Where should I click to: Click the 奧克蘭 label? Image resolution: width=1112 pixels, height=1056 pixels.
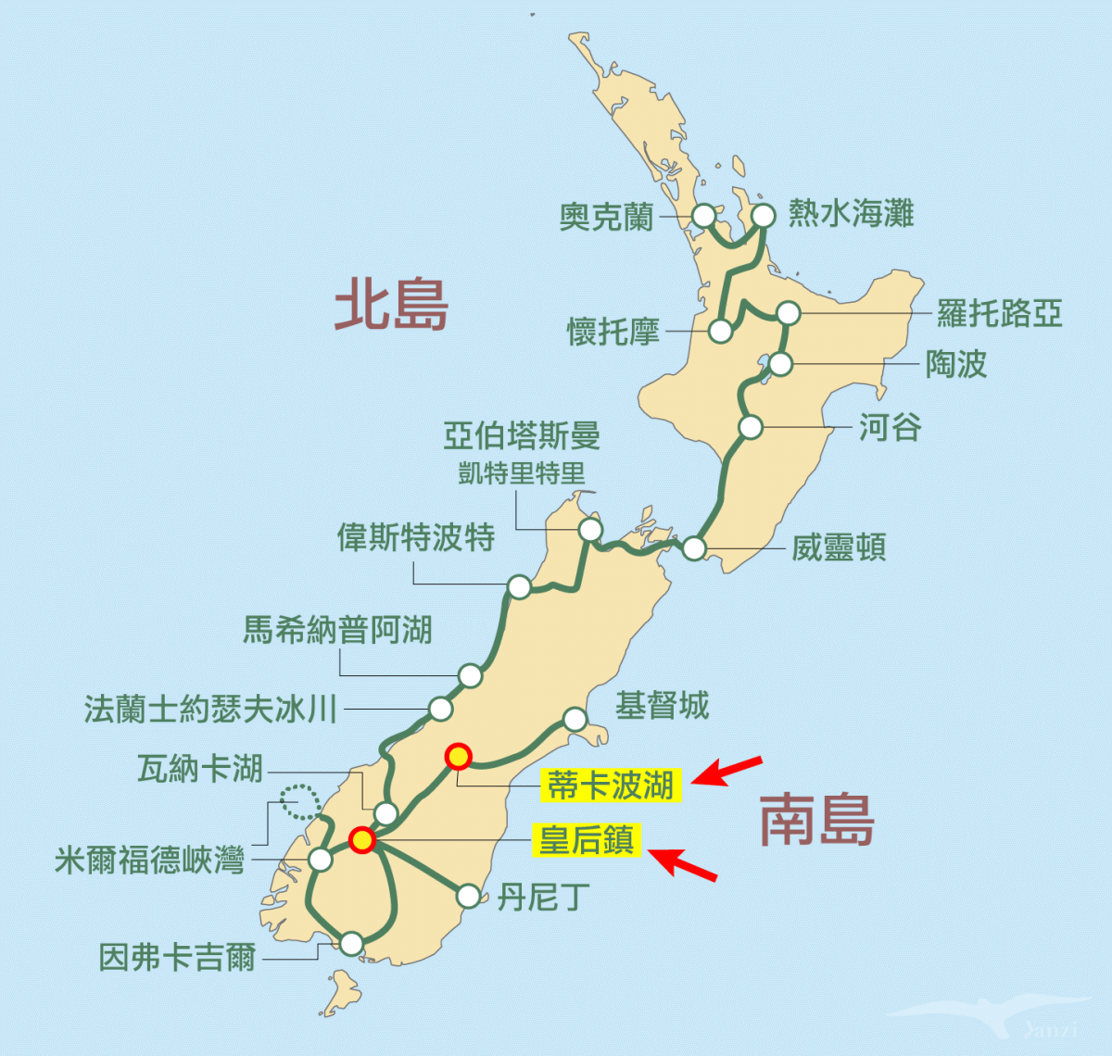click(x=606, y=217)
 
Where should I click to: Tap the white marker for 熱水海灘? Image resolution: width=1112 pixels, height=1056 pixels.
click(x=763, y=216)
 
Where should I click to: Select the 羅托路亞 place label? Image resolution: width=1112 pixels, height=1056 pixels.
click(x=998, y=313)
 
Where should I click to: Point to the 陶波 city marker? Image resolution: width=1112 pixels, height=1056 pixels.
click(x=781, y=364)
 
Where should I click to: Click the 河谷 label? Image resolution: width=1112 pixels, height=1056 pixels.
click(x=890, y=427)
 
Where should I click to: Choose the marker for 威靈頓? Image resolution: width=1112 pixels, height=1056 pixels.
click(x=694, y=548)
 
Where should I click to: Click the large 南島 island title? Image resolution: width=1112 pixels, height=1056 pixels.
click(x=816, y=820)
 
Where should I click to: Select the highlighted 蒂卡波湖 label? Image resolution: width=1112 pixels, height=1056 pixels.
click(x=611, y=786)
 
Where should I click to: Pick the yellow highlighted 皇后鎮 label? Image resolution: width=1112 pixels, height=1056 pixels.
click(x=588, y=840)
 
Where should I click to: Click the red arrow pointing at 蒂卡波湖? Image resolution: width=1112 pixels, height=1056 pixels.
click(x=728, y=771)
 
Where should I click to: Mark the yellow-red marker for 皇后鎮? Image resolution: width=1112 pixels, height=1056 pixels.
click(x=361, y=840)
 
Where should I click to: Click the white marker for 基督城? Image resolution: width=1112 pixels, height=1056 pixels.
click(x=575, y=719)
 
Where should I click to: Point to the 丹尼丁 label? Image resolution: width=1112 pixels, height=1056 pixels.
click(x=543, y=897)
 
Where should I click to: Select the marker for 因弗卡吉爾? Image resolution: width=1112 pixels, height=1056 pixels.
click(x=351, y=944)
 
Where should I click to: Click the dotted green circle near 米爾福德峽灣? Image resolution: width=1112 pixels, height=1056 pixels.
click(x=299, y=801)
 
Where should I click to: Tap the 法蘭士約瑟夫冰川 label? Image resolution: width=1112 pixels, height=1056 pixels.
click(x=210, y=710)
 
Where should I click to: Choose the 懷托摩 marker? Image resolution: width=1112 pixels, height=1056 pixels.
click(x=720, y=331)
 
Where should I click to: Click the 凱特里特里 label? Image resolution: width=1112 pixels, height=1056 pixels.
click(x=522, y=473)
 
